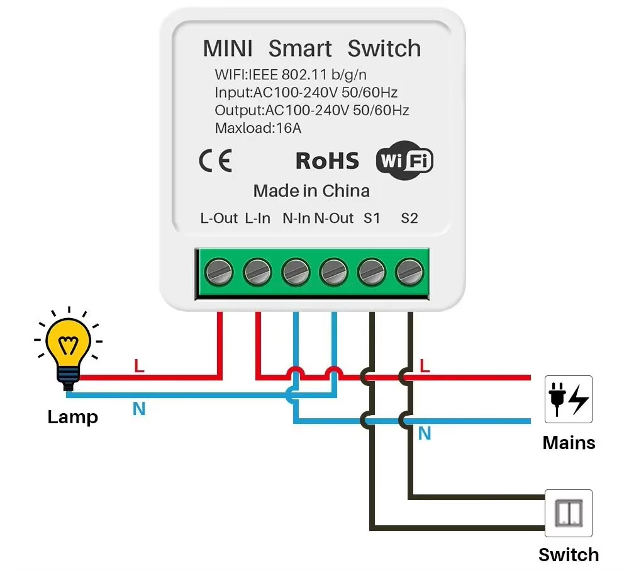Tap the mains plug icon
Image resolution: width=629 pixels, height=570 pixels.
coord(568,399)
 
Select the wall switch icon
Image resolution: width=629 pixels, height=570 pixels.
coord(568,513)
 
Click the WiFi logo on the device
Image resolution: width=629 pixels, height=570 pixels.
coord(404,161)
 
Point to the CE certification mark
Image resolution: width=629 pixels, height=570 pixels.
coord(215,161)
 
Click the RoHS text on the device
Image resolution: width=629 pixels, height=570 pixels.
coord(327,161)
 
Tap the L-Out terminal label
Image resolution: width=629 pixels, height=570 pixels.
coord(219,219)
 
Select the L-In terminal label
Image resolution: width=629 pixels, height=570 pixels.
coord(257,219)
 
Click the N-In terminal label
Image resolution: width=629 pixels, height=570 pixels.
coord(296,219)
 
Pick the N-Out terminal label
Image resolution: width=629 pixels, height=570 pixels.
coord(334,219)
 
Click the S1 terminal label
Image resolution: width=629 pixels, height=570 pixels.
coord(372,219)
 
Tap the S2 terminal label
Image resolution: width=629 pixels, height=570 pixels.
coord(409,219)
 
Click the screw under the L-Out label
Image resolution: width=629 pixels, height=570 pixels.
coord(219,272)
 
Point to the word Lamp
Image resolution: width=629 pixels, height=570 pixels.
coord(72,417)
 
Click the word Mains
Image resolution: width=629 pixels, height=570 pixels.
coord(569,443)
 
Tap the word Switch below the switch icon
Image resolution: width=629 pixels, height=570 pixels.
coord(569,555)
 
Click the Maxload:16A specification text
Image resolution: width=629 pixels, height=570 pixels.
coord(258,128)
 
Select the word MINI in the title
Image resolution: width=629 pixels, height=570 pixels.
coord(228,48)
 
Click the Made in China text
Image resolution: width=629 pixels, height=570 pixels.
coord(311,191)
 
